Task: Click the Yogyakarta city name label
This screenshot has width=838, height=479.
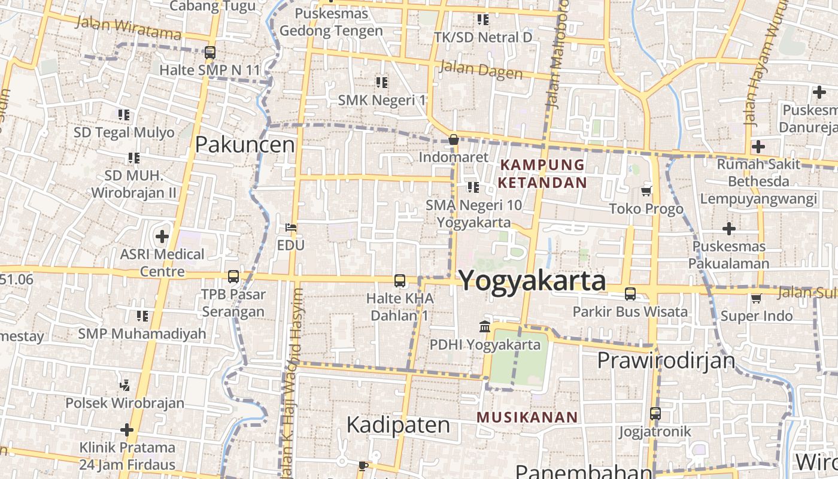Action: click(532, 280)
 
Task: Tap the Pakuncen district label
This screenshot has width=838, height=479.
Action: click(245, 144)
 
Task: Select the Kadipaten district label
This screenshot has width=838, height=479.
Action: click(398, 425)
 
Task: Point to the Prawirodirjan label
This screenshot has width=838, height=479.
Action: click(666, 360)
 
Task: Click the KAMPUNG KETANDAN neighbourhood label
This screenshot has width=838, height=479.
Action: click(543, 173)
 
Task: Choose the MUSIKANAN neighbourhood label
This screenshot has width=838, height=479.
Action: click(527, 417)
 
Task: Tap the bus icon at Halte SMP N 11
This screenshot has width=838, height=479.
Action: click(209, 53)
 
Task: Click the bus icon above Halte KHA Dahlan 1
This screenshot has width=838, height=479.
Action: click(399, 280)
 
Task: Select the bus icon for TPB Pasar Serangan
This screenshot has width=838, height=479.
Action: click(233, 277)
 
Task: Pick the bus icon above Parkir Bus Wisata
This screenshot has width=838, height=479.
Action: click(630, 294)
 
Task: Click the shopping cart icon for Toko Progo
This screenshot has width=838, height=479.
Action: click(646, 192)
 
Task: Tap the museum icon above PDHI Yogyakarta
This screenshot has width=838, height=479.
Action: click(485, 327)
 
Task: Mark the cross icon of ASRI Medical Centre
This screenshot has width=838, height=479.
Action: click(162, 237)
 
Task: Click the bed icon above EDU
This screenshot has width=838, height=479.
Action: click(291, 228)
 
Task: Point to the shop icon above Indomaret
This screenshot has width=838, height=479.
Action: click(453, 140)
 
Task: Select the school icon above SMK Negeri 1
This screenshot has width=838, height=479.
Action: click(381, 82)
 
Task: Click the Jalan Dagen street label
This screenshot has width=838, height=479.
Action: click(481, 69)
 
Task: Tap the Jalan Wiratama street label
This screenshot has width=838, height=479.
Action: click(129, 26)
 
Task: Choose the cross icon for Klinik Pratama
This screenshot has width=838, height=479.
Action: click(126, 429)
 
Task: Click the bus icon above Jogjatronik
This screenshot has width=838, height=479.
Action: click(655, 414)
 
